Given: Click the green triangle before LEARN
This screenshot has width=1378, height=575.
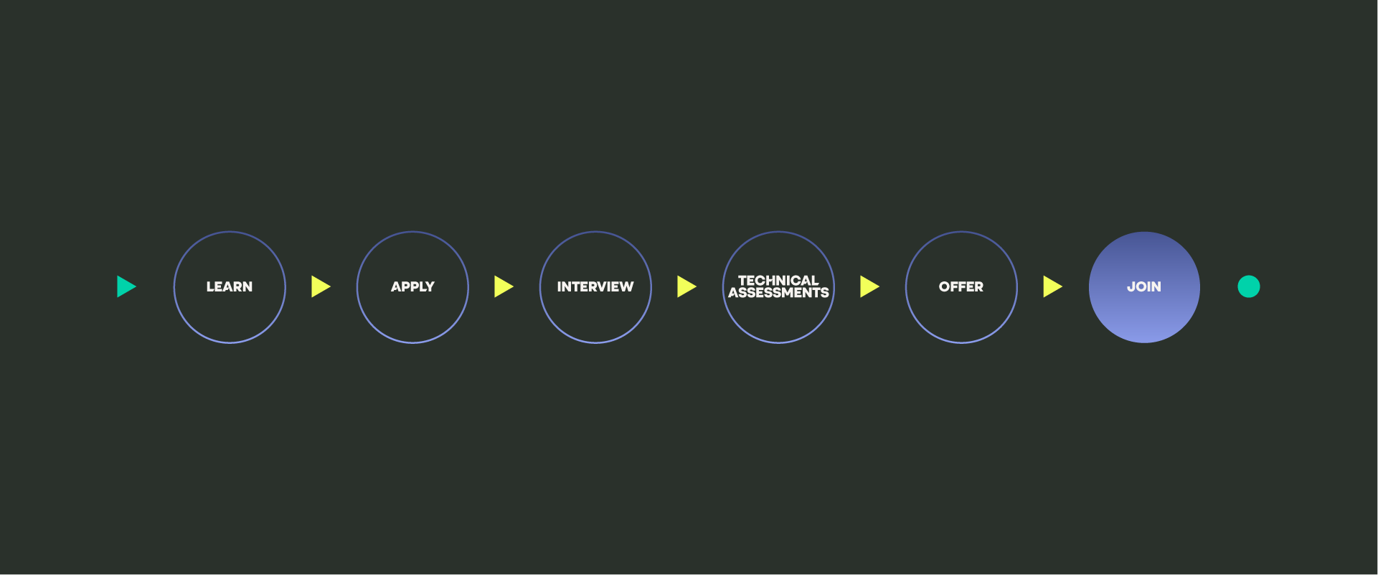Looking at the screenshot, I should tap(126, 286).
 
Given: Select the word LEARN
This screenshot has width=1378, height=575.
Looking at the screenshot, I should tap(230, 286).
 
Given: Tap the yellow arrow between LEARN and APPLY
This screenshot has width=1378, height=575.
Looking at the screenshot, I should tap(320, 286).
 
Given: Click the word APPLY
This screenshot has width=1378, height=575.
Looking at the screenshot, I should tap(412, 286).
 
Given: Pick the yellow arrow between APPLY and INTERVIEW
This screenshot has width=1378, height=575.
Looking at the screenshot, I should tap(503, 286).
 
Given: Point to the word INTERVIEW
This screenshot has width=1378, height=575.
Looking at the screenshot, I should tap(595, 286).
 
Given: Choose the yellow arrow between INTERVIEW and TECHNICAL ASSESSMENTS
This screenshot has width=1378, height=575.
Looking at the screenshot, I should tap(686, 286).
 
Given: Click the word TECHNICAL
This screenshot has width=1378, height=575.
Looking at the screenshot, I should tap(778, 280).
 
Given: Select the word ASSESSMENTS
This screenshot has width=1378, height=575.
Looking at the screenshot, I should tap(778, 293).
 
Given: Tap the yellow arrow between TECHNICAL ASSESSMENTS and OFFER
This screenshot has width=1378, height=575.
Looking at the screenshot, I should tap(869, 286).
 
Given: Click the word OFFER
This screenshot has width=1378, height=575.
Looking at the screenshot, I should tap(961, 286).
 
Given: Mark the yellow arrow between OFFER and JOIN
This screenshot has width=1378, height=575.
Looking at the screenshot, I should tap(1052, 286).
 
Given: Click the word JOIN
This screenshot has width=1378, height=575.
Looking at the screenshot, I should tap(1144, 286).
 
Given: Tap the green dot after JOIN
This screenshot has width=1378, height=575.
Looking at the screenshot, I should tap(1249, 286).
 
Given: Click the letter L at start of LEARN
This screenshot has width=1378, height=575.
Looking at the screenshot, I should tap(209, 286).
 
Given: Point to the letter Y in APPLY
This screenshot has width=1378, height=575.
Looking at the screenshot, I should tap(430, 286).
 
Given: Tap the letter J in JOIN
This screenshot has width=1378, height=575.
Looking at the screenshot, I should tap(1131, 286).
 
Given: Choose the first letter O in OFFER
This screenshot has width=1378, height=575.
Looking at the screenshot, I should tap(945, 286).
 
